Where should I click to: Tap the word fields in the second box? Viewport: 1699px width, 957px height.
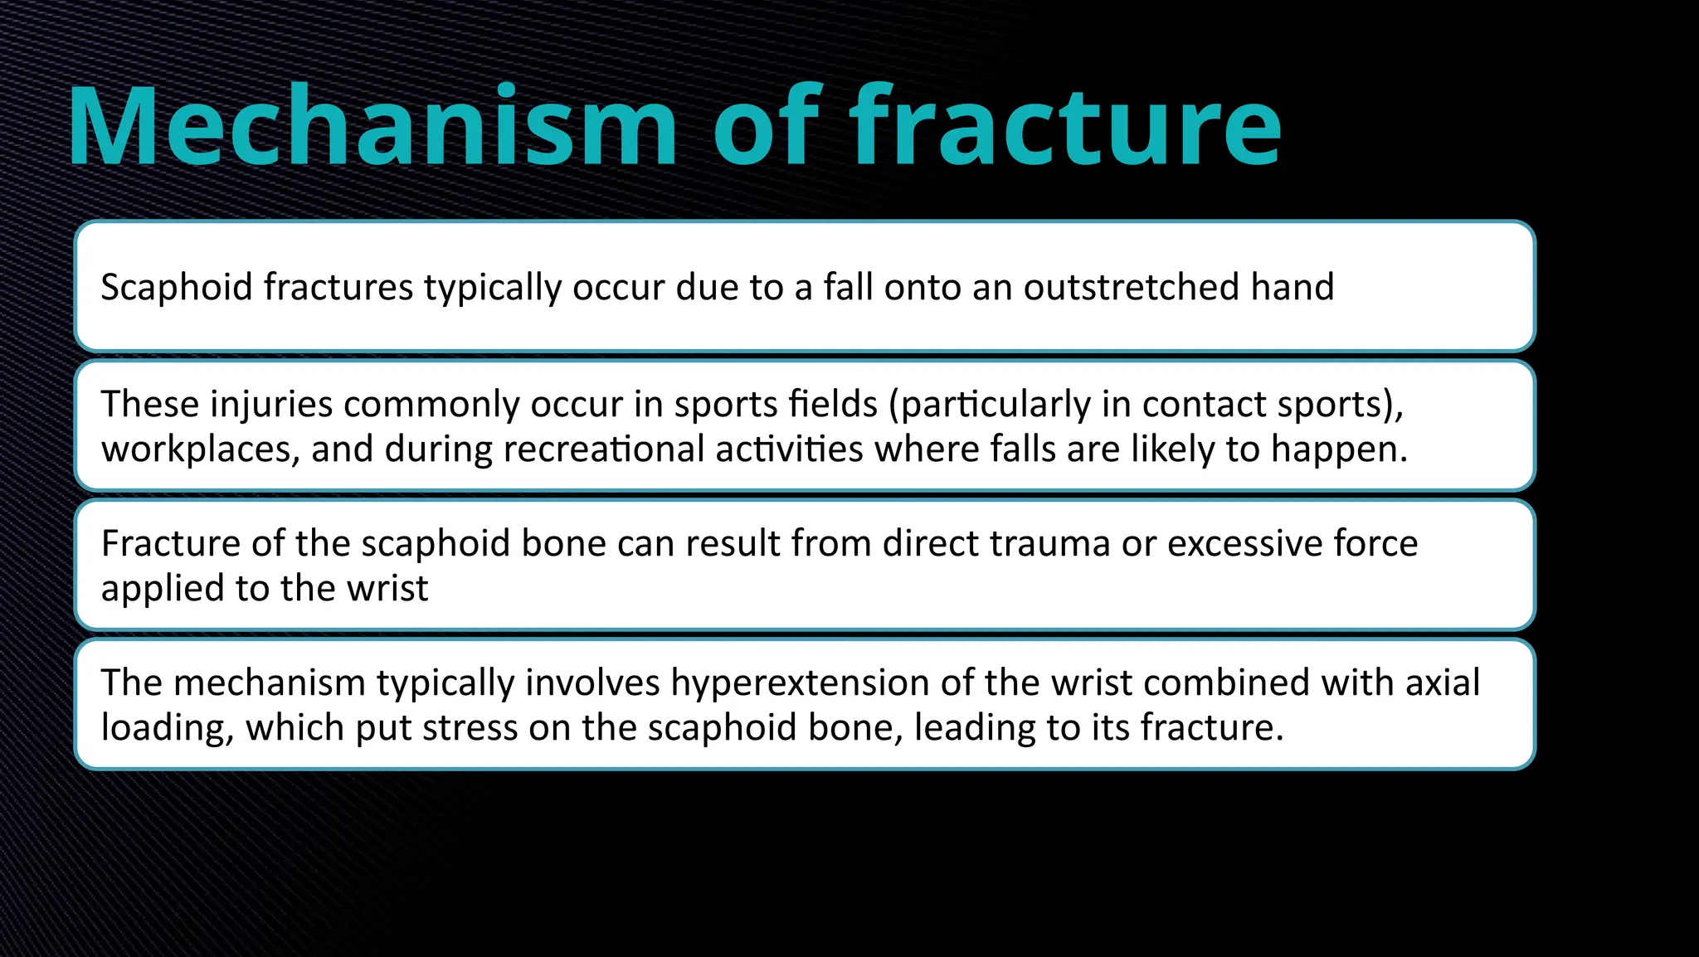833,405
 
